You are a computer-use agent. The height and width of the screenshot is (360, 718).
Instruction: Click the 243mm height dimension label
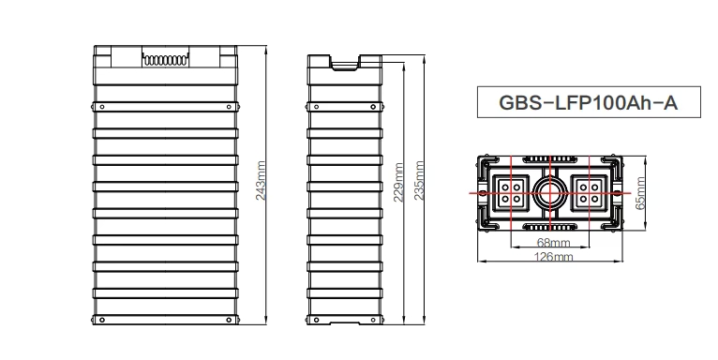click(262, 182)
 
